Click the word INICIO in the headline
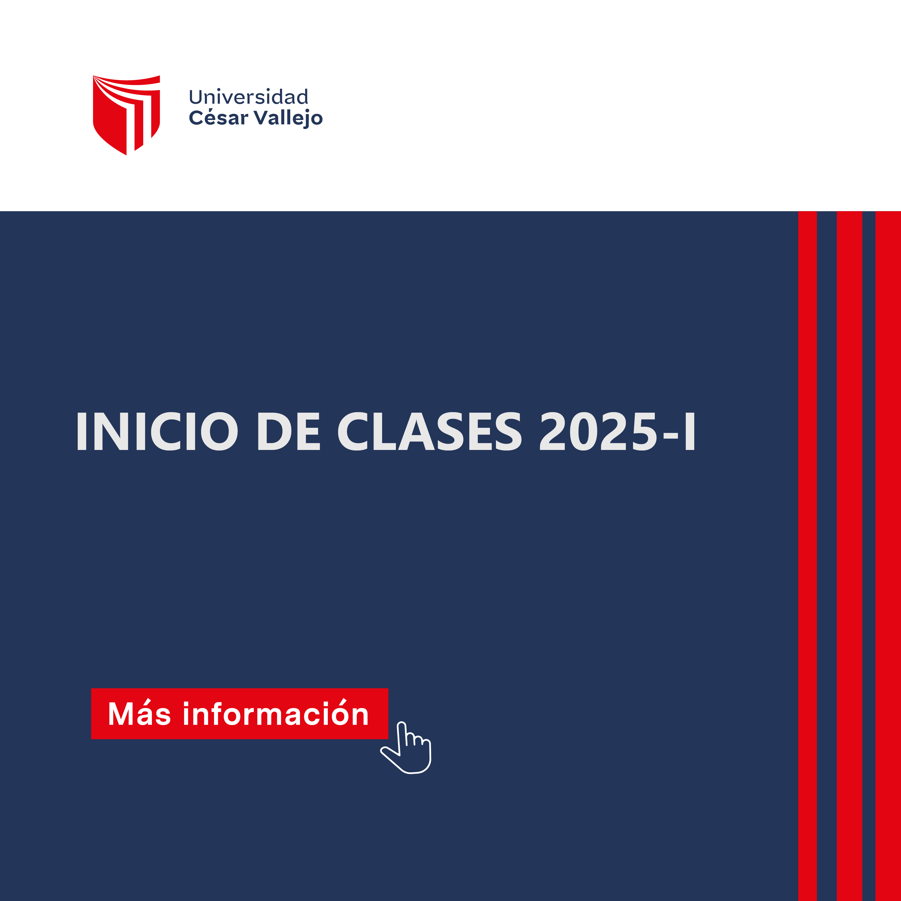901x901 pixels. (157, 431)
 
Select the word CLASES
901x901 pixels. (429, 431)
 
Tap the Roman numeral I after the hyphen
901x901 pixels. (690, 431)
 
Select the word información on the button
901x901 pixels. (276, 713)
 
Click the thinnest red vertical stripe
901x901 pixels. (807, 556)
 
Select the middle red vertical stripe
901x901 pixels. (849, 556)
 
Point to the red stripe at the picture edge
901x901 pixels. (888, 556)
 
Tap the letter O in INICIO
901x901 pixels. (219, 431)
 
